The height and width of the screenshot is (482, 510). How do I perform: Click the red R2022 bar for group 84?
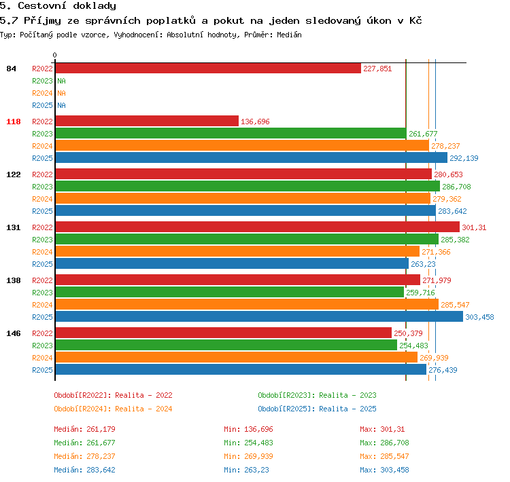208,68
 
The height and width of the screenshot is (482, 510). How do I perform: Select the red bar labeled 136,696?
147,121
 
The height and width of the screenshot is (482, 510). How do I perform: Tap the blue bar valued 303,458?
259,316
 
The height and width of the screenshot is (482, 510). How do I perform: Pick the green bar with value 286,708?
248,187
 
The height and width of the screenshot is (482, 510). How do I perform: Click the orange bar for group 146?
237,357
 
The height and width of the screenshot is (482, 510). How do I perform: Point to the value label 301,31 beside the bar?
474,227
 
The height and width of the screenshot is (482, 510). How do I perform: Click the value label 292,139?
464,158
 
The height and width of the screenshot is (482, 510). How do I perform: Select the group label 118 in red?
14,122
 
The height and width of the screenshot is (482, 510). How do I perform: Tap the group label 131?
14,227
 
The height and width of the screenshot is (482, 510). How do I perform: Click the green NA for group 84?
61,81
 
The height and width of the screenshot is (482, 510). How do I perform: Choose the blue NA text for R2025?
61,105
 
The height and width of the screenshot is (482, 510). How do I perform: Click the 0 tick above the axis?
54,55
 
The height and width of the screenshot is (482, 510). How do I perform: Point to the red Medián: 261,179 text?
84,429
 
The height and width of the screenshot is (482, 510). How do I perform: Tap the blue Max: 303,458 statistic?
384,470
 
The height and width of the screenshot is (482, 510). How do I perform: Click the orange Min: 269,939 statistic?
248,456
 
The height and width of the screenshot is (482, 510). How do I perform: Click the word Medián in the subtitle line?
289,35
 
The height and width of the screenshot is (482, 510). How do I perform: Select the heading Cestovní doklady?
67,6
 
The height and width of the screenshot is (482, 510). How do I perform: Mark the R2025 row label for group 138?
42,317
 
